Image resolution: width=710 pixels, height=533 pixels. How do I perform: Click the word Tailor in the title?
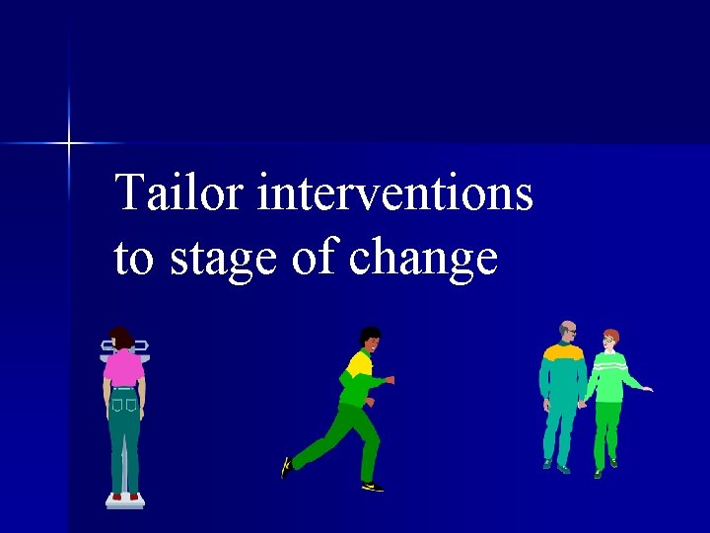(180, 192)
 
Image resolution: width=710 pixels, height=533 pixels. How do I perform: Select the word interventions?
(394, 192)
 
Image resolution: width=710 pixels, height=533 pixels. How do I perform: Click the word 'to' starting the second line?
(136, 259)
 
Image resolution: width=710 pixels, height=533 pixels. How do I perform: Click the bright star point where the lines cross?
(69, 144)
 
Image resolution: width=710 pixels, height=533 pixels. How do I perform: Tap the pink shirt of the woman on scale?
(123, 368)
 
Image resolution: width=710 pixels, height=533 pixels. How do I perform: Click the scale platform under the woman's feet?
(125, 502)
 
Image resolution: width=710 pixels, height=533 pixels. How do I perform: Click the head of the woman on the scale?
(121, 339)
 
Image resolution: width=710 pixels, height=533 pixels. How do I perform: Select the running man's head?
(370, 338)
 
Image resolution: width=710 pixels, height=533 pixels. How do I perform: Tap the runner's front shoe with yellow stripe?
(372, 486)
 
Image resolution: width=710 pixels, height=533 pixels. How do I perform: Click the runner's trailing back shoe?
(287, 466)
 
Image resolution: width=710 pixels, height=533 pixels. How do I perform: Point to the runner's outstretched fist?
(390, 379)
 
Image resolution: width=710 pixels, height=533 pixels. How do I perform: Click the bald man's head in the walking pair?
(567, 331)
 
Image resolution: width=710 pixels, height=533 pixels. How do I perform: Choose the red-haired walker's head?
(610, 339)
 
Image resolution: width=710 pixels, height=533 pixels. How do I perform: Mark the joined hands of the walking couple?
(583, 403)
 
